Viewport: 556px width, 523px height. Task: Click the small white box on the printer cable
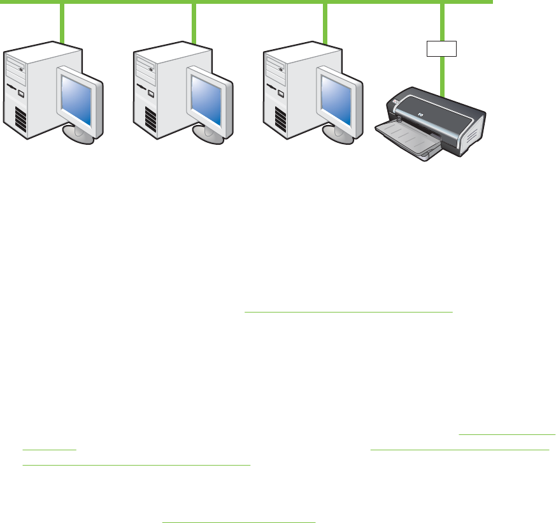(441, 48)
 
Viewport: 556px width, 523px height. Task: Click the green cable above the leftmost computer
(62, 22)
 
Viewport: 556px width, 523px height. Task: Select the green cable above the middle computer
(194, 22)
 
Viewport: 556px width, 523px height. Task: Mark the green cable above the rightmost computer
(325, 22)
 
